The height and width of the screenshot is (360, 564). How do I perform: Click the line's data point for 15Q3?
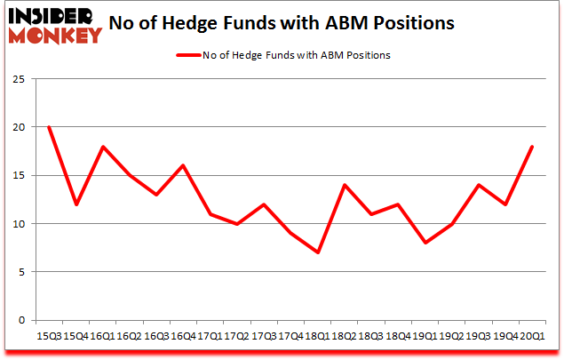(x=49, y=127)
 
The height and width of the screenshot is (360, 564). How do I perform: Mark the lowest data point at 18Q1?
(x=317, y=252)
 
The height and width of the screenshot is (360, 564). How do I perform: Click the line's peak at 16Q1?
(x=102, y=147)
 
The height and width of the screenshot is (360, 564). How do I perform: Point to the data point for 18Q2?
(x=344, y=185)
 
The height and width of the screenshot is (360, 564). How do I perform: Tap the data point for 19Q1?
(x=425, y=243)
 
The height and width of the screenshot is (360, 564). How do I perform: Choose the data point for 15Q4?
(x=75, y=204)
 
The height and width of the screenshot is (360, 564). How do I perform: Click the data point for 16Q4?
(x=183, y=165)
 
